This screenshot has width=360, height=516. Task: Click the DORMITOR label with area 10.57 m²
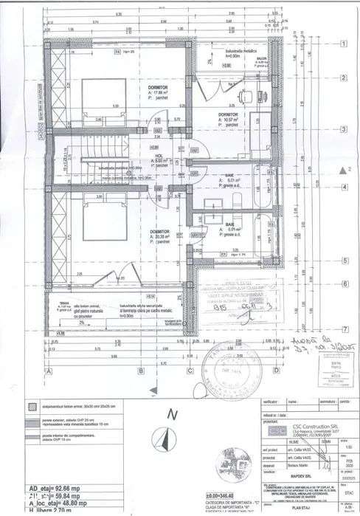click(x=228, y=115)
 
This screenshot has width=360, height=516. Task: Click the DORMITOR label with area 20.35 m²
click(x=159, y=232)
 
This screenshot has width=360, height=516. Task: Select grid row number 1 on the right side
click(x=344, y=44)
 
